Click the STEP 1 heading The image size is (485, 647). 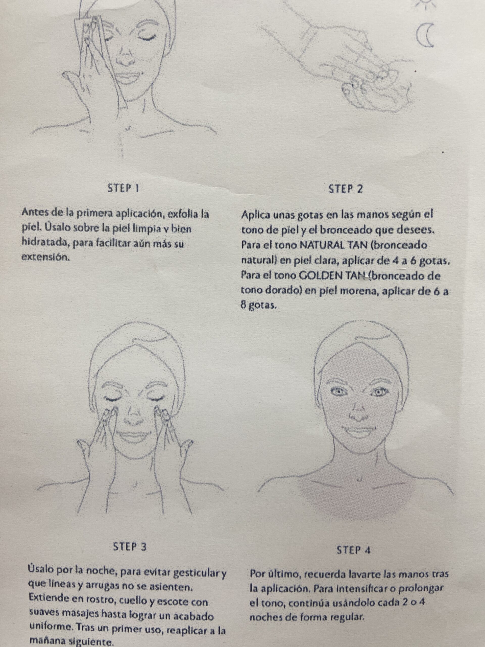tap(123, 188)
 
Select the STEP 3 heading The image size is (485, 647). tap(130, 547)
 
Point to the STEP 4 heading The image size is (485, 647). tap(353, 550)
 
